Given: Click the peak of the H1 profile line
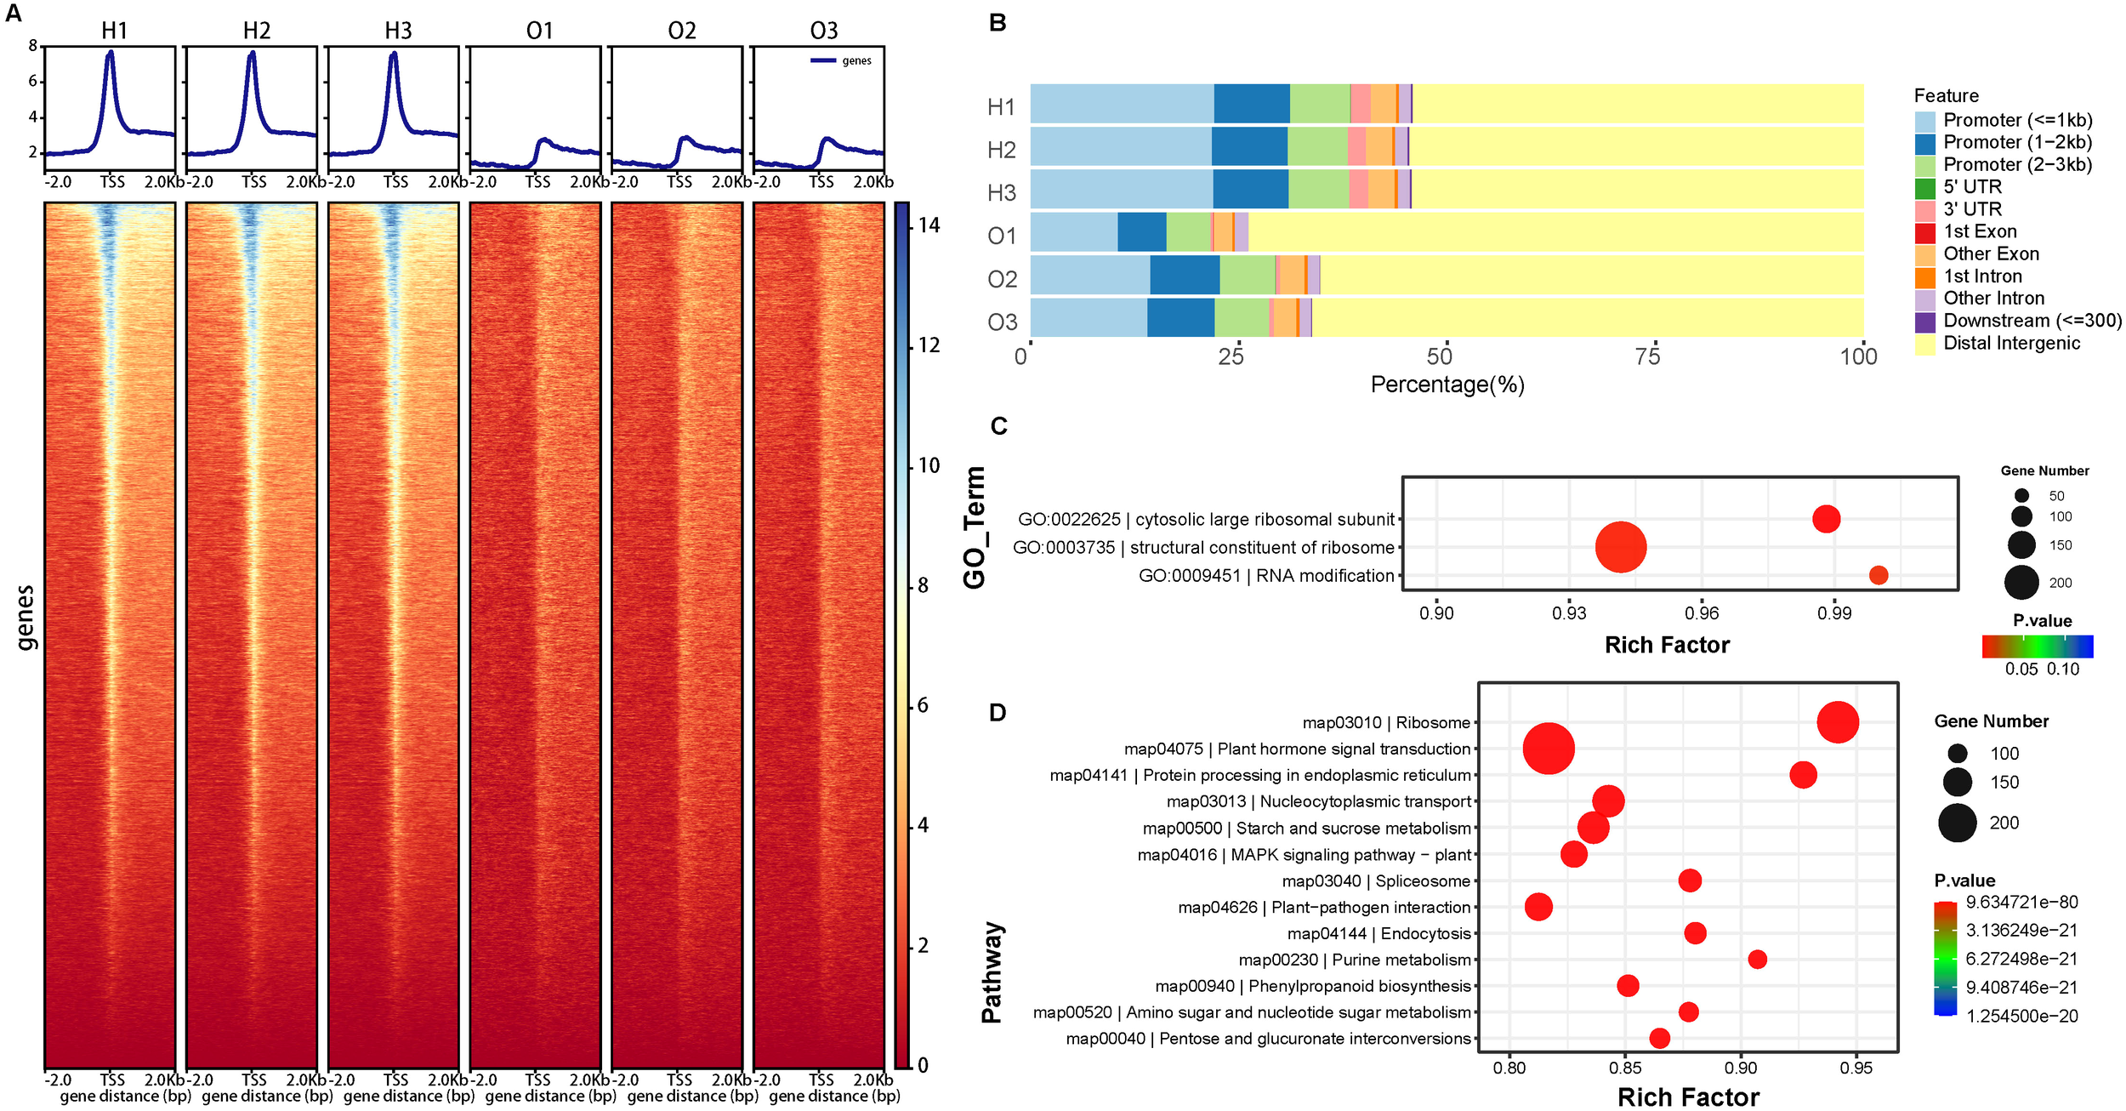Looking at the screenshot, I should pyautogui.click(x=110, y=53).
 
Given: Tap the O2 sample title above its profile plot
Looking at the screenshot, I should pyautogui.click(x=681, y=31).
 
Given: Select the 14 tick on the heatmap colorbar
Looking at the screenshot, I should pyautogui.click(x=929, y=225).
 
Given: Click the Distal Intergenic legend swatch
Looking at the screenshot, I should pyautogui.click(x=1924, y=344).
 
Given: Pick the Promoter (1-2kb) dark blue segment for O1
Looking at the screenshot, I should pyautogui.click(x=1141, y=231).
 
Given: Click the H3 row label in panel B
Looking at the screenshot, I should pyautogui.click(x=1001, y=193).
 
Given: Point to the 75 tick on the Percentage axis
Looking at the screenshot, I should pyautogui.click(x=1647, y=356).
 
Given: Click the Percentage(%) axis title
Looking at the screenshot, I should pyautogui.click(x=1447, y=385).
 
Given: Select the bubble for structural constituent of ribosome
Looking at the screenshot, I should pyautogui.click(x=1620, y=547).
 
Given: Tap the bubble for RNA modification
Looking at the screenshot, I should pyautogui.click(x=1879, y=575).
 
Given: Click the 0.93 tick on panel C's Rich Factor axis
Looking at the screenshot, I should pyautogui.click(x=1569, y=612).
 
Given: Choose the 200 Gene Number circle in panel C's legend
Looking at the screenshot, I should pyautogui.click(x=2021, y=583).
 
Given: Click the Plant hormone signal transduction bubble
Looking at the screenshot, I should pyautogui.click(x=1549, y=749).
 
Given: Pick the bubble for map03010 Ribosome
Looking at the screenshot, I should pyautogui.click(x=1838, y=722).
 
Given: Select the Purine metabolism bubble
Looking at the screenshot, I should pyautogui.click(x=1757, y=960).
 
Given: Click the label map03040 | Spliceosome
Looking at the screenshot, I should pyautogui.click(x=1375, y=881).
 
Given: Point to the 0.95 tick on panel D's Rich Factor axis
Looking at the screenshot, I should pyautogui.click(x=1856, y=1067).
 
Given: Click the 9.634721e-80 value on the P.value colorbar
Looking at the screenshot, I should pyautogui.click(x=2021, y=902).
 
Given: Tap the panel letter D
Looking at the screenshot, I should pyautogui.click(x=998, y=712).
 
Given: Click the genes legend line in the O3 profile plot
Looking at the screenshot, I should pyautogui.click(x=822, y=60).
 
